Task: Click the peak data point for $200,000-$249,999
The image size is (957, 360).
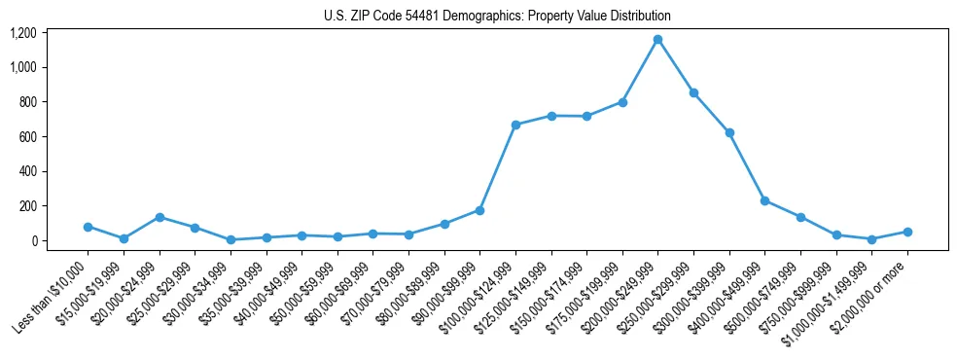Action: click(657, 40)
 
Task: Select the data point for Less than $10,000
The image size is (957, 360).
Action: click(88, 227)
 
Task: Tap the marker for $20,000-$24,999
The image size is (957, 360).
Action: click(159, 217)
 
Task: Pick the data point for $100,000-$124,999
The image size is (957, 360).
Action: click(515, 125)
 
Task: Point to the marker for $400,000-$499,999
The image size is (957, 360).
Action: click(764, 200)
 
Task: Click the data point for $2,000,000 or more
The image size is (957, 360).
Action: click(907, 232)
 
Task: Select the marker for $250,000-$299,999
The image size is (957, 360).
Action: click(693, 93)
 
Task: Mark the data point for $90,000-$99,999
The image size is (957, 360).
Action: click(479, 210)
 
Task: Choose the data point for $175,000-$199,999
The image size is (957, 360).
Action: click(622, 102)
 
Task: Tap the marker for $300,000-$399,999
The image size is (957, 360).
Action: click(729, 132)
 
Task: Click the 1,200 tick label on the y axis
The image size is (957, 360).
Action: click(23, 33)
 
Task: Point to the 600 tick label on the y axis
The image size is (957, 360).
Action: click(27, 137)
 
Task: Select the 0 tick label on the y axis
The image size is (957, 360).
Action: click(33, 241)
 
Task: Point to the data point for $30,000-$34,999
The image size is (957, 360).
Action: click(230, 239)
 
